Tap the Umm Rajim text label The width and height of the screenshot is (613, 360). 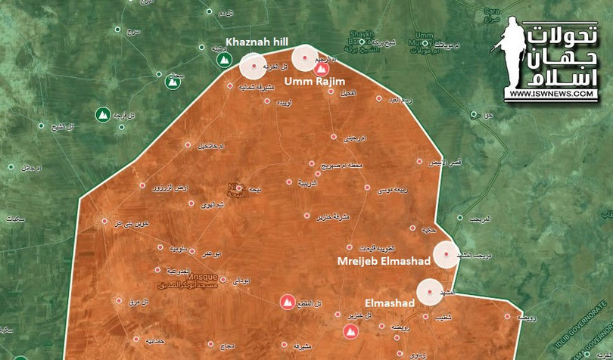(x=314, y=81)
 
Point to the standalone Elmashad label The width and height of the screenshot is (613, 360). (x=389, y=303)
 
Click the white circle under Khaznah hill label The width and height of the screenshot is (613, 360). (x=254, y=66)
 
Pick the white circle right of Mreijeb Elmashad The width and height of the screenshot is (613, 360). (x=446, y=255)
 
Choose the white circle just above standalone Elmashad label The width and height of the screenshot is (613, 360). (x=429, y=292)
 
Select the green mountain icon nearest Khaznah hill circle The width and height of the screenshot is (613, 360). (x=223, y=60)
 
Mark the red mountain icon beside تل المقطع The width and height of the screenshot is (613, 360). (x=287, y=303)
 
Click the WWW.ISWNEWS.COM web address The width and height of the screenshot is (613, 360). (x=552, y=94)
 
